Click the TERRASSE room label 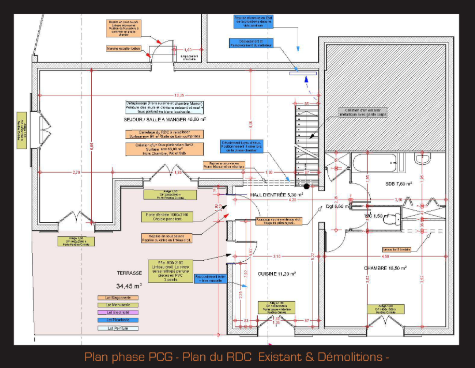tap(115, 273)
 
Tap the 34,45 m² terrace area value tap(129, 286)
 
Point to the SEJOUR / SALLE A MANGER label tap(164, 119)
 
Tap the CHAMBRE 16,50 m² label tap(384, 268)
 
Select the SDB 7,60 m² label tap(398, 183)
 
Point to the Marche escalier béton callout tap(123, 49)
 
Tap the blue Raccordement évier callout tap(212, 279)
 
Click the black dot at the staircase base tap(306, 186)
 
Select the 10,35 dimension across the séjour tap(179, 95)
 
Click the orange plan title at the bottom tap(237, 357)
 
